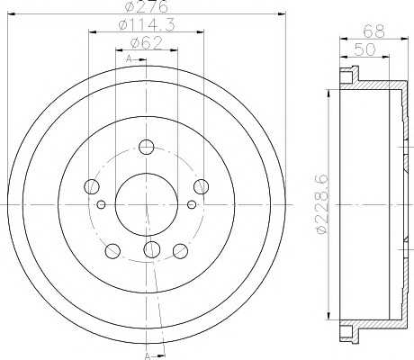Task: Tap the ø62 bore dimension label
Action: click(x=147, y=43)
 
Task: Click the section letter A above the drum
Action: click(x=130, y=59)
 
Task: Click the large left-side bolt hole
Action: click(x=91, y=187)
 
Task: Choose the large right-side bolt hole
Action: click(x=202, y=187)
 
